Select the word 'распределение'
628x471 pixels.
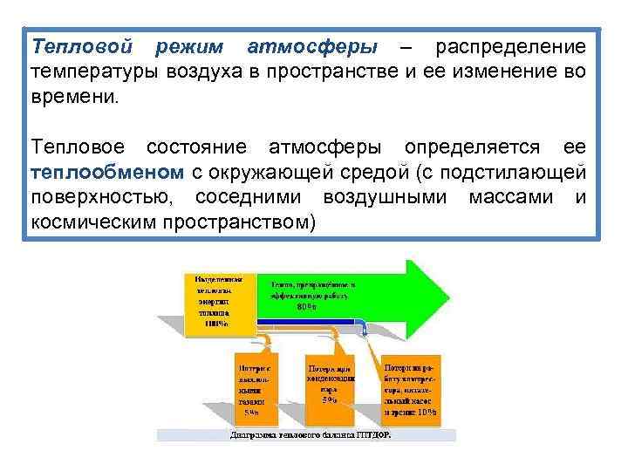click(511, 44)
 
